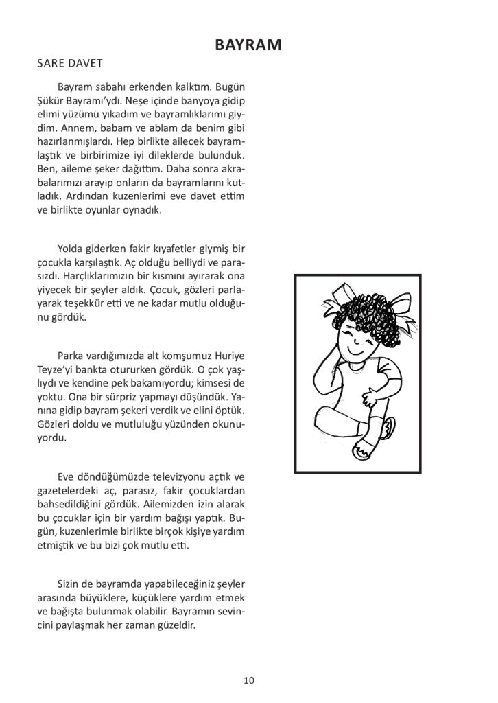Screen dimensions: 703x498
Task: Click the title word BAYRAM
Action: [x=249, y=45]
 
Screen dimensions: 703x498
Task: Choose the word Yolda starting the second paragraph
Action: [x=72, y=248]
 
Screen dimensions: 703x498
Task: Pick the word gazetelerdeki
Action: [x=67, y=491]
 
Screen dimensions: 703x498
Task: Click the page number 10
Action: [x=249, y=680]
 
